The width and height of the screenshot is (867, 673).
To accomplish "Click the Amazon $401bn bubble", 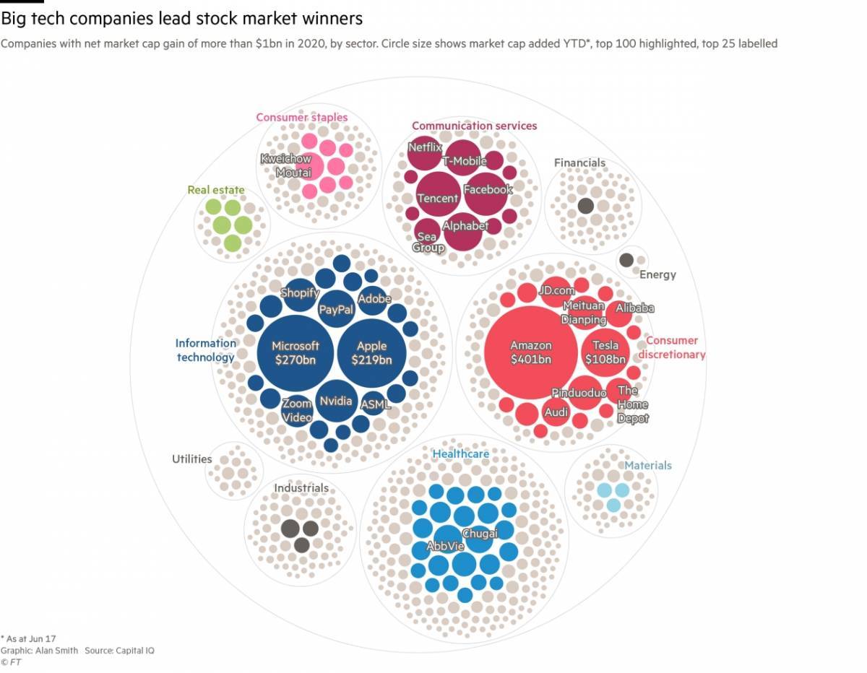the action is (x=530, y=352).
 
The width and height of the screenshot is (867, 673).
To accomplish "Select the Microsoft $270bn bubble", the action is (x=296, y=353).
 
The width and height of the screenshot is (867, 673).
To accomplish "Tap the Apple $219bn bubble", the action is (x=371, y=353).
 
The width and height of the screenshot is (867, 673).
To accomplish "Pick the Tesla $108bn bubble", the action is (x=605, y=352).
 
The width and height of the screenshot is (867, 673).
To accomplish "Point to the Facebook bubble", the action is (x=486, y=194).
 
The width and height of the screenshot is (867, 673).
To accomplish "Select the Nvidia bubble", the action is (x=336, y=401).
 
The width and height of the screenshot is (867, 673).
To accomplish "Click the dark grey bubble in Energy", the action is (x=626, y=261).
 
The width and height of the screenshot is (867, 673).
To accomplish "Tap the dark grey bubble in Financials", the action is (x=586, y=206).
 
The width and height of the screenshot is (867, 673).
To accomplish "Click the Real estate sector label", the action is (x=216, y=190).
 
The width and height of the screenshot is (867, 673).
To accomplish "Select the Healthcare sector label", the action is (x=461, y=453).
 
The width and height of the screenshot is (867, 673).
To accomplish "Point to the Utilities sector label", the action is (x=192, y=459).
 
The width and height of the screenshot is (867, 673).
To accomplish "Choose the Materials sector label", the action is (x=648, y=465).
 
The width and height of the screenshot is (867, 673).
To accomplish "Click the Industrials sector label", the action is (x=301, y=487).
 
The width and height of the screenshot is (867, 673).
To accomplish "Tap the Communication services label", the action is (x=475, y=126).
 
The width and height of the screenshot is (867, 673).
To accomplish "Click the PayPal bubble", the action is (x=337, y=309).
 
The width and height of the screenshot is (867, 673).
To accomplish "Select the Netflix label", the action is (x=425, y=147).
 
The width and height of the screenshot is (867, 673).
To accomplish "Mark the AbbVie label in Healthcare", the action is (x=445, y=546).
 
